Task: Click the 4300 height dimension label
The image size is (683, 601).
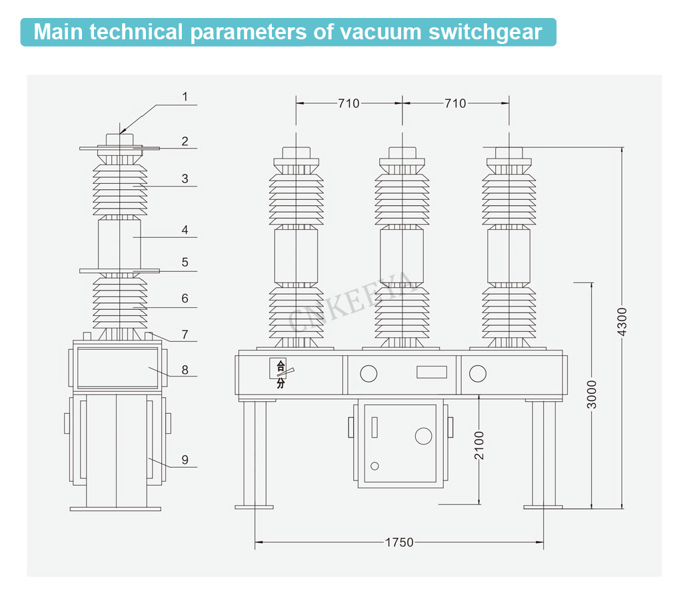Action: point(622,324)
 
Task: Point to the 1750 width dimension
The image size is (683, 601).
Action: point(399,542)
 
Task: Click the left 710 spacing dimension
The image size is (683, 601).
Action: point(348,103)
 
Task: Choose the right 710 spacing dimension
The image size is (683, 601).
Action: point(455,103)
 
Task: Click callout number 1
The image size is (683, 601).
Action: point(185,97)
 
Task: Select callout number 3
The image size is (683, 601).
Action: point(185,179)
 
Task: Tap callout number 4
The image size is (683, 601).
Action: point(185,230)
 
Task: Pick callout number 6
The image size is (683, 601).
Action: point(185,299)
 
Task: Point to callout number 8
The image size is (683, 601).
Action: point(185,368)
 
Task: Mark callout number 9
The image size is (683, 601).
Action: point(185,459)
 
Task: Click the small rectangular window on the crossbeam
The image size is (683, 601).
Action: point(431,372)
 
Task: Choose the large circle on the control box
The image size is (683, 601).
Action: point(424,436)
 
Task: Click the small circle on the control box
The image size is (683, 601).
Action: point(375,466)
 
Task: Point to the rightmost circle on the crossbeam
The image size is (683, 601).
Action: point(478,374)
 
